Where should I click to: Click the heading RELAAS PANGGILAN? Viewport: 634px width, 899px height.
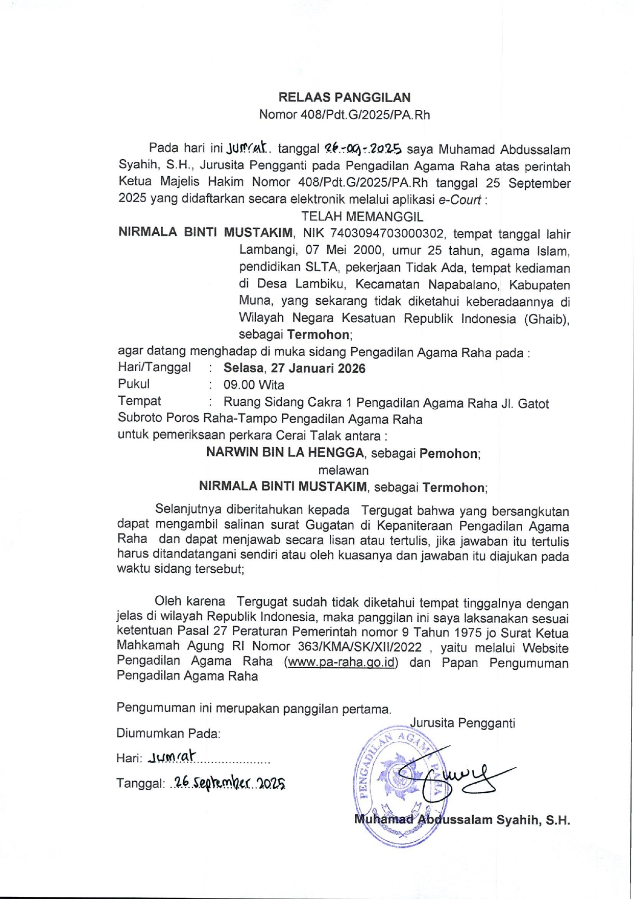(344, 98)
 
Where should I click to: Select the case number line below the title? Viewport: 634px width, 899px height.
(344, 114)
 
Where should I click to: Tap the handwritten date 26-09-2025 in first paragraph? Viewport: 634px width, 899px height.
(363, 149)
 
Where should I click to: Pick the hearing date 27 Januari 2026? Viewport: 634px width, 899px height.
(318, 368)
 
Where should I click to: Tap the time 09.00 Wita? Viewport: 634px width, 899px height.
(254, 385)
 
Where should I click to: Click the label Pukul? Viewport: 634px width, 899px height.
(134, 384)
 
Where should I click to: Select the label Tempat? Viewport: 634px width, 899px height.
(139, 401)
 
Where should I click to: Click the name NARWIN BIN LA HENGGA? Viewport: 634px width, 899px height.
(285, 452)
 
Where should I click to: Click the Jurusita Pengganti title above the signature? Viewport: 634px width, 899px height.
(462, 723)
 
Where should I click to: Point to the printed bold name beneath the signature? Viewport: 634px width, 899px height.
(462, 820)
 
